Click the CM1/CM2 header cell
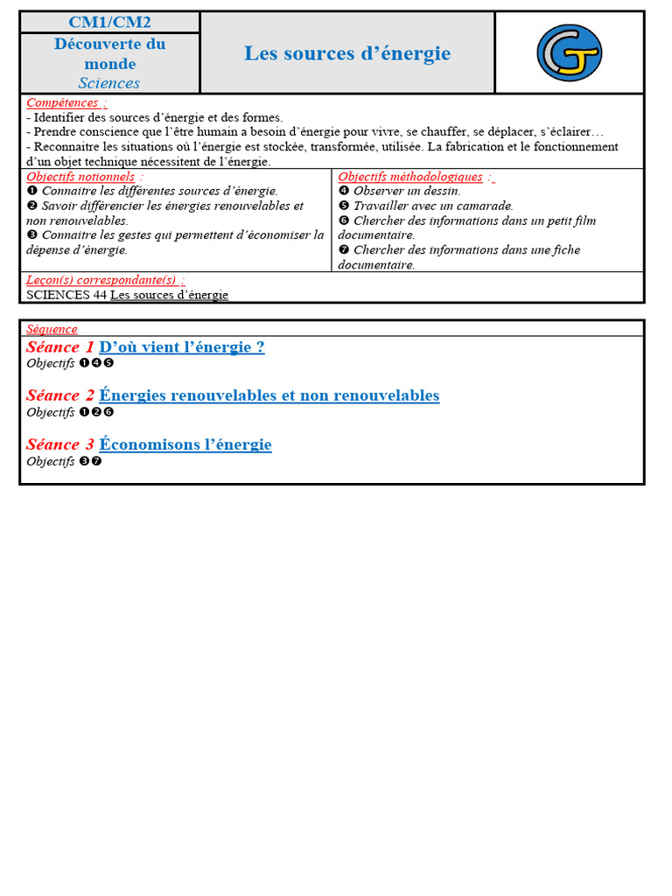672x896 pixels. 109,23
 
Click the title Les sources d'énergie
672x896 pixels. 347,53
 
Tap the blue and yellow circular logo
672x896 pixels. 569,52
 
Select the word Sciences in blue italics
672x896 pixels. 109,83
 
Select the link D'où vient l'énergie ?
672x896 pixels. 182,346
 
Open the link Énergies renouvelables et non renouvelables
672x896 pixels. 269,395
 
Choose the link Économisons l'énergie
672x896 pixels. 185,444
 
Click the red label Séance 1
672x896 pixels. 59,346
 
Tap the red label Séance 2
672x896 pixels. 59,395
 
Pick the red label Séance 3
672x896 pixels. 59,444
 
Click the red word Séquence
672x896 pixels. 52,329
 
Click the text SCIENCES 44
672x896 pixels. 66,295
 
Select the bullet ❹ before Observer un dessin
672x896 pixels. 344,192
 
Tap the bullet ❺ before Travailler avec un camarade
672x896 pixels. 344,206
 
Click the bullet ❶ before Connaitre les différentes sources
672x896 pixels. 31,192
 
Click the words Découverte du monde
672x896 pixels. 109,53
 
